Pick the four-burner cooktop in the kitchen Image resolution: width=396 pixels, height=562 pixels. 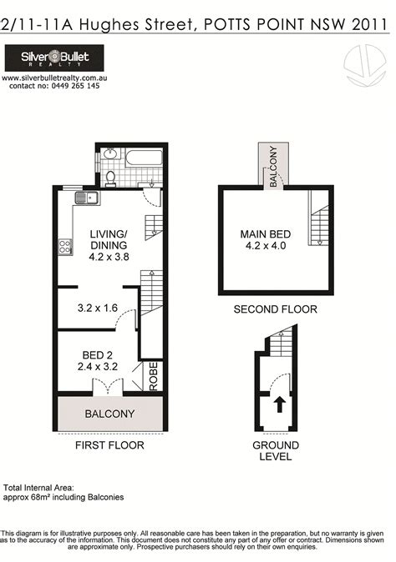coord(63,246)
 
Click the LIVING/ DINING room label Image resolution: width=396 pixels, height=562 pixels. coord(108,245)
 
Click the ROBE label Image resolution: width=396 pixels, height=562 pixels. coord(153,376)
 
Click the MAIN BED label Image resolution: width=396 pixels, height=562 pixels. coord(265,239)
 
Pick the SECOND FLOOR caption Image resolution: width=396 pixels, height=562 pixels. coord(275,309)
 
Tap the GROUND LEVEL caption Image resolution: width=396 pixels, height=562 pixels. coord(276,451)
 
